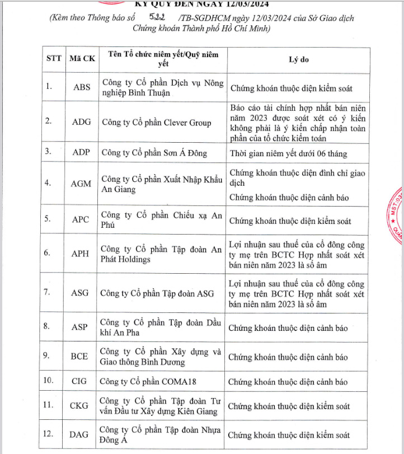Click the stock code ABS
tap(81, 87)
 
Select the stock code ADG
tap(81, 122)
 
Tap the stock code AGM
tap(81, 184)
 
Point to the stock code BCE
tap(79, 357)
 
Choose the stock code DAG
tap(80, 434)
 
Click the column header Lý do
tap(298, 59)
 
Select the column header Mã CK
tap(81, 59)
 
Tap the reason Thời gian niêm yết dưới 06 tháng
tap(289, 153)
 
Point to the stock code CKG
tap(81, 406)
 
